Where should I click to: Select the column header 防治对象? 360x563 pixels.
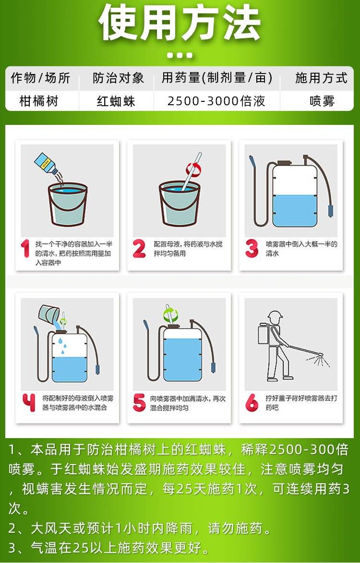118,78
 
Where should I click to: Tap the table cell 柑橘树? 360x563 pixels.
39,101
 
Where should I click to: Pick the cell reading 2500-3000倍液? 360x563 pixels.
216,101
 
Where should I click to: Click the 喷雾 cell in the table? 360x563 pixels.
322,101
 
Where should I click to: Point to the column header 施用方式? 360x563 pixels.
321,78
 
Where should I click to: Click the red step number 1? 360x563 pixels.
25,248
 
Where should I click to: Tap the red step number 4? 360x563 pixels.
29,403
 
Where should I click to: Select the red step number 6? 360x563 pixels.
252,403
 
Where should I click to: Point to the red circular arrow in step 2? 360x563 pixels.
193,168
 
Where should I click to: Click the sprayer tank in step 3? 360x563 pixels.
294,196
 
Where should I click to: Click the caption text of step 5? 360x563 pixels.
188,403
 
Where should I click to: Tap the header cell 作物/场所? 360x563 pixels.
40,78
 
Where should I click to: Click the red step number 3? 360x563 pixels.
252,248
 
